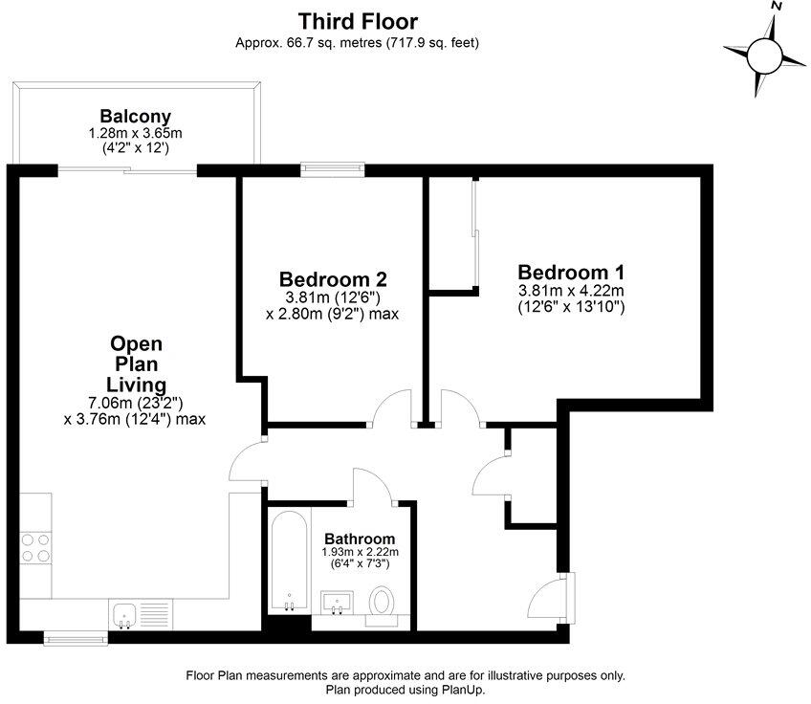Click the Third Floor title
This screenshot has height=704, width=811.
[x=358, y=21]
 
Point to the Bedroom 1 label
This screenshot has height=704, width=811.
[x=570, y=273]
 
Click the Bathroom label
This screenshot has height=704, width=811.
[x=360, y=539]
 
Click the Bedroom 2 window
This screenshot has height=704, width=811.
[x=332, y=170]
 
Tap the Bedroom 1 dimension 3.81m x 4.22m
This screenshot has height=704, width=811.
[x=570, y=292]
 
